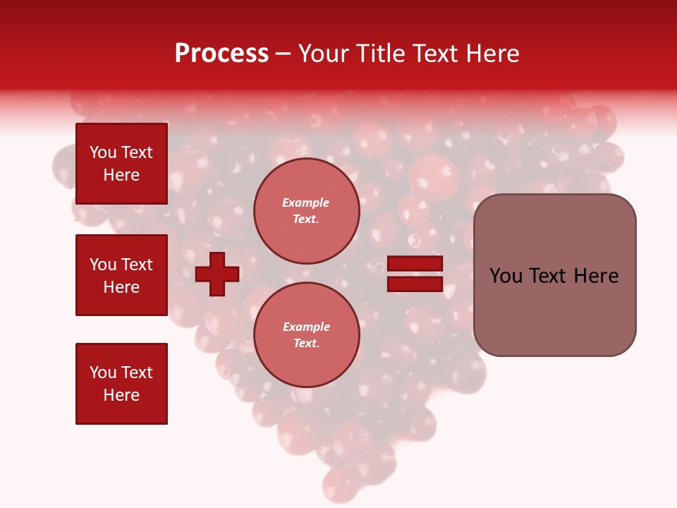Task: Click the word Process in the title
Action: [221, 54]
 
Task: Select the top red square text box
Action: [121, 164]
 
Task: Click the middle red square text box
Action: [121, 275]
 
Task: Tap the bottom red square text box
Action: [121, 384]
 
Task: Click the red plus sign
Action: [217, 273]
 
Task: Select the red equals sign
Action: [415, 274]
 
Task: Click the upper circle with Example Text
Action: [306, 211]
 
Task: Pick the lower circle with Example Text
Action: [306, 335]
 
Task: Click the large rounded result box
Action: [554, 275]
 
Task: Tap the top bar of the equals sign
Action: [415, 264]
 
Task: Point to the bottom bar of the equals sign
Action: [415, 284]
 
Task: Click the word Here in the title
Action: [494, 54]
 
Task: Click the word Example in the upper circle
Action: [306, 202]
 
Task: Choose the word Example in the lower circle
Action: [306, 327]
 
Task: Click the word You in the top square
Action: [103, 152]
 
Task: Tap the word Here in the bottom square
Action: [121, 395]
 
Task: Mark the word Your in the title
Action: [324, 54]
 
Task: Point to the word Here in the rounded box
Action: [596, 276]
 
